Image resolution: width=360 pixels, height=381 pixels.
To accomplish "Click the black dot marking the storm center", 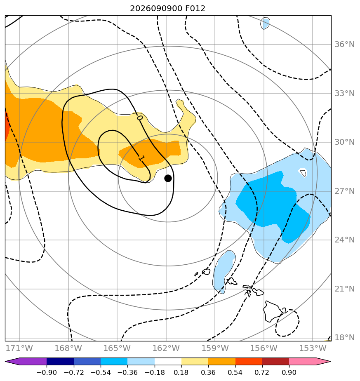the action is pos(168,179).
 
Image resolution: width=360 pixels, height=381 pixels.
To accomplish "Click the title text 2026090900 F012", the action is pos(167,9).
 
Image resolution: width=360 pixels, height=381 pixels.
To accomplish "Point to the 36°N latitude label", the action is pos(344,45).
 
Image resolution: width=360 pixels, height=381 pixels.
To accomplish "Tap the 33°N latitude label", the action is pos(344,93).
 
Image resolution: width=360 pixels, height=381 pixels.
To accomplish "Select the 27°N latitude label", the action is pos(344,191).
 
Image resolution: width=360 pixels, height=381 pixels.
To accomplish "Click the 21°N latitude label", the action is pos(344,289).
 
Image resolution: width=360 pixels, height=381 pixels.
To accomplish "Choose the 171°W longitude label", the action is pos(19,348).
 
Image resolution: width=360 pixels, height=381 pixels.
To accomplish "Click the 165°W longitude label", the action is pos(117,348).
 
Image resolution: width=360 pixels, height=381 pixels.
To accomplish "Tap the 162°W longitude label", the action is pos(166,348).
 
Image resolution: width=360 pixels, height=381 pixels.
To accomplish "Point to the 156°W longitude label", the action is pos(264,348).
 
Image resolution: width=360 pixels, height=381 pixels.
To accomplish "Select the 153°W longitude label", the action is pos(313,348).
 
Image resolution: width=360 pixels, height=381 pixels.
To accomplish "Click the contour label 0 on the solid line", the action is pos(140,118).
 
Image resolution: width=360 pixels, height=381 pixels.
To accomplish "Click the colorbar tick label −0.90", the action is pos(47,372).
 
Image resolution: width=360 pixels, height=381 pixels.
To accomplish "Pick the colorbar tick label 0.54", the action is pos(235,372).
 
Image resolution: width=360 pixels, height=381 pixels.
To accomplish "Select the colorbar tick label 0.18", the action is pos(181,372).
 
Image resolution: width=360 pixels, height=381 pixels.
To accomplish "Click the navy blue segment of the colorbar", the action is pos(60,362).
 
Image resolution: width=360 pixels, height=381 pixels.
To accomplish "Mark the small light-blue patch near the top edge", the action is pos(265,24).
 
